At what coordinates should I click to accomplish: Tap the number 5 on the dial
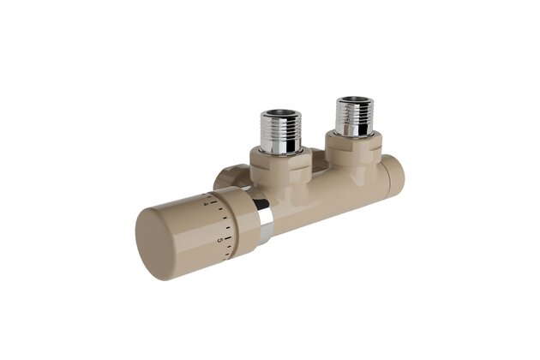pyautogui.click(x=221, y=239)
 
